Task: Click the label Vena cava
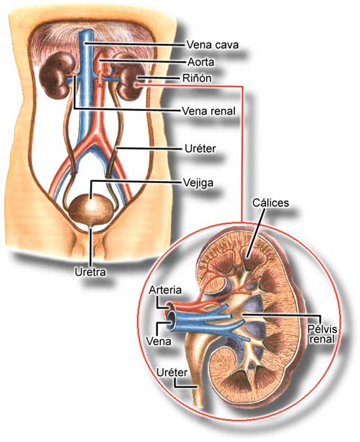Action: pos(213,45)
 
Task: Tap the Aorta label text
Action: pos(201,62)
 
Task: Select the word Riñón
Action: pos(197,78)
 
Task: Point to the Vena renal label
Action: pos(209,111)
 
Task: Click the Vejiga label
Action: pos(198,182)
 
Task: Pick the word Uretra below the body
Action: pos(90,272)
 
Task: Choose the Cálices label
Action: pos(270,203)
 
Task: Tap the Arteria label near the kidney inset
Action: pos(165,290)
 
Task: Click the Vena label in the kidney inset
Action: pos(158,341)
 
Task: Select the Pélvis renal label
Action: pos(322,334)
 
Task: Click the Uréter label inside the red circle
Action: pos(171,373)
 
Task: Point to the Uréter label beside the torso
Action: pos(200,148)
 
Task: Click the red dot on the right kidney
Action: pos(137,84)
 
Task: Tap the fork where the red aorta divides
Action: pos(98,135)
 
